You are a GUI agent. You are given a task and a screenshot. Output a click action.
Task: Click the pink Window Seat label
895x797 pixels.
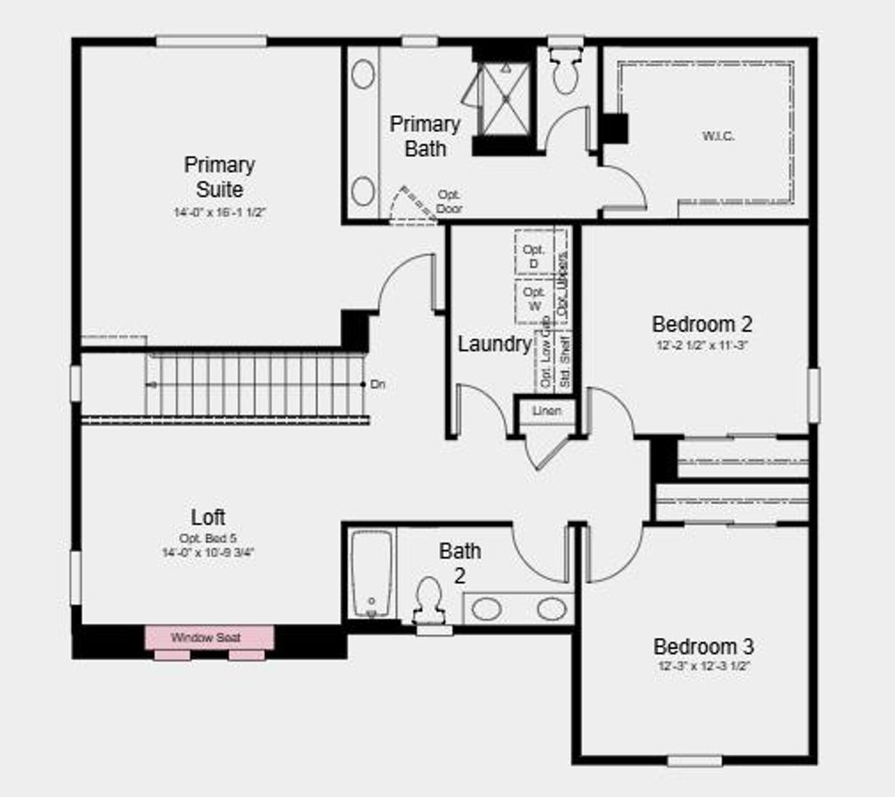pos(206,638)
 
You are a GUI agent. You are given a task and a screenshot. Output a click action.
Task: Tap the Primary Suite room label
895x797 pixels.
pos(219,177)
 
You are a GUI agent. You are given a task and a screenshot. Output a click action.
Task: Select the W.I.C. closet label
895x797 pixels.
pos(718,136)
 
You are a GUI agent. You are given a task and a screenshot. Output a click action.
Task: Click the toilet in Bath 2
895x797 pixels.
pos(428,599)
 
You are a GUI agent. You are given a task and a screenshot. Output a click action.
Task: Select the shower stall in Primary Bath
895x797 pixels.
pos(505,98)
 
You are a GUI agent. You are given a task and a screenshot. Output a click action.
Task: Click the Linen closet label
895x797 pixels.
pos(547,411)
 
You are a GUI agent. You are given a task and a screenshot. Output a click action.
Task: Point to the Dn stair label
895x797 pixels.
pos(378,384)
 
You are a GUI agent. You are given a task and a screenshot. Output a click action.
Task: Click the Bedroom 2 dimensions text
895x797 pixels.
pos(702,345)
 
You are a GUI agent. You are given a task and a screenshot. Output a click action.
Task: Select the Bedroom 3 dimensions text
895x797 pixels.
pos(704,666)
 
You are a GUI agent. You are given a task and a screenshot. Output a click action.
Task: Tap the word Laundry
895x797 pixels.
pos(494,344)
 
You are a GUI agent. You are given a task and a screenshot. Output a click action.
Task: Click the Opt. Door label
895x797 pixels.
pos(449,201)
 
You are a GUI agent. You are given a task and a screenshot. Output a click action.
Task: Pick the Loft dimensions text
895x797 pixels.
pos(208,552)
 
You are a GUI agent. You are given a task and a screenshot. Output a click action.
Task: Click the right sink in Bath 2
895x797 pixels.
pos(552,608)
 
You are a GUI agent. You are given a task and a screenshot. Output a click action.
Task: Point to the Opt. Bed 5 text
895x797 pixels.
pos(208,538)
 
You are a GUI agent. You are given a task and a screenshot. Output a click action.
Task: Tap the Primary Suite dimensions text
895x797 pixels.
pos(219,211)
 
